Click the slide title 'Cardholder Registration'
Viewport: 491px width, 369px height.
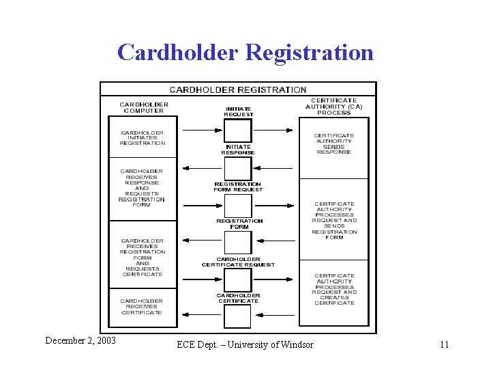pyautogui.click(x=245, y=52)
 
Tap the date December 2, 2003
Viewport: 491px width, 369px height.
pyautogui.click(x=80, y=340)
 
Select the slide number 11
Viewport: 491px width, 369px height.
pyautogui.click(x=444, y=344)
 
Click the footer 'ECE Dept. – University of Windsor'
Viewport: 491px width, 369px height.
pyautogui.click(x=245, y=344)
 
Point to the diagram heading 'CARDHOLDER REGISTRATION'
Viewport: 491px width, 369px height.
pyautogui.click(x=238, y=90)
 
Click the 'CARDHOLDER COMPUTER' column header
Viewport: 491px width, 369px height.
pyautogui.click(x=144, y=107)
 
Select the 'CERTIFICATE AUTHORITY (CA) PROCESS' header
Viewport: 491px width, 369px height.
pyautogui.click(x=334, y=107)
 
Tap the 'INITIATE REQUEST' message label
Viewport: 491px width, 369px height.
pyautogui.click(x=238, y=111)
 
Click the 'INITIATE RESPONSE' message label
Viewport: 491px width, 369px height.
pyautogui.click(x=238, y=150)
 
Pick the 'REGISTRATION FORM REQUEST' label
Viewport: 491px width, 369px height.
pyautogui.click(x=238, y=187)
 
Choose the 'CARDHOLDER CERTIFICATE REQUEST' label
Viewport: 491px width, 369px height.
pyautogui.click(x=238, y=262)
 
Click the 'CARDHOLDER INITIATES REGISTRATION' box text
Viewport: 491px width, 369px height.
pyautogui.click(x=143, y=137)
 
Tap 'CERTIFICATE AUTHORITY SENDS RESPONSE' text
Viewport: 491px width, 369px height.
pyautogui.click(x=334, y=143)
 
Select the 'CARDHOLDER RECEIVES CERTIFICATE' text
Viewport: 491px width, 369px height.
pyautogui.click(x=142, y=306)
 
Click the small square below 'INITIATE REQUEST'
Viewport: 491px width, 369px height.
pyautogui.click(x=238, y=130)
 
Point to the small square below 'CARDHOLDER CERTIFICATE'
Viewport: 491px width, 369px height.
pyautogui.click(x=238, y=316)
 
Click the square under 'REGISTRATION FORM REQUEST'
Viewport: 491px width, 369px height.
pyautogui.click(x=238, y=205)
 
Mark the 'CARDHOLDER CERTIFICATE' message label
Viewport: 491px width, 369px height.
pyautogui.click(x=238, y=298)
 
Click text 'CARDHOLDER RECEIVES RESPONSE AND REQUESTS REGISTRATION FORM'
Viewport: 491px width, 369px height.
pyautogui.click(x=142, y=187)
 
